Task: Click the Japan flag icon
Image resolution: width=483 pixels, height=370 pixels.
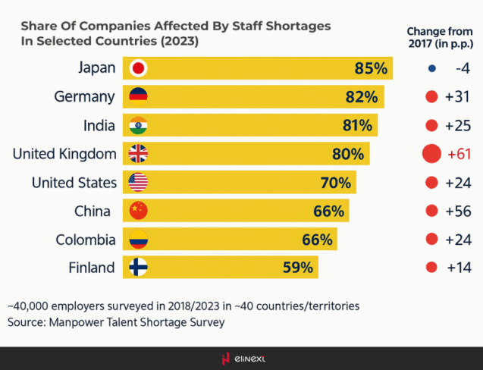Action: tap(139, 68)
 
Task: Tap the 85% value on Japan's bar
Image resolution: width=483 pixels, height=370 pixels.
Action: tap(371, 68)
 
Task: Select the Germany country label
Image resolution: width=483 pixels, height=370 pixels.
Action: tap(85, 96)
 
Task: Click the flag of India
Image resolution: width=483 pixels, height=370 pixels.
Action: tap(139, 125)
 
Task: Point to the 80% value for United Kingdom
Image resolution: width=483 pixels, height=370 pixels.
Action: tap(348, 154)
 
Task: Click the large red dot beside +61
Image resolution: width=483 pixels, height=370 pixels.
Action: tap(431, 154)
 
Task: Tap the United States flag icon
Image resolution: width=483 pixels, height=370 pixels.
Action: tap(139, 182)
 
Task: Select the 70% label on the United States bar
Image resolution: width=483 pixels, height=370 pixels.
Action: tap(334, 182)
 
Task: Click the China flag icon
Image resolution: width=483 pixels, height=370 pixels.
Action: tap(139, 211)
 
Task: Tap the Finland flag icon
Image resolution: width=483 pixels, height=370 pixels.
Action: tap(139, 268)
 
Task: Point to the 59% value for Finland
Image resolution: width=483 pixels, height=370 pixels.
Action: tap(297, 268)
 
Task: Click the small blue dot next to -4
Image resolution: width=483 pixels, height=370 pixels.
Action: tap(431, 68)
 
